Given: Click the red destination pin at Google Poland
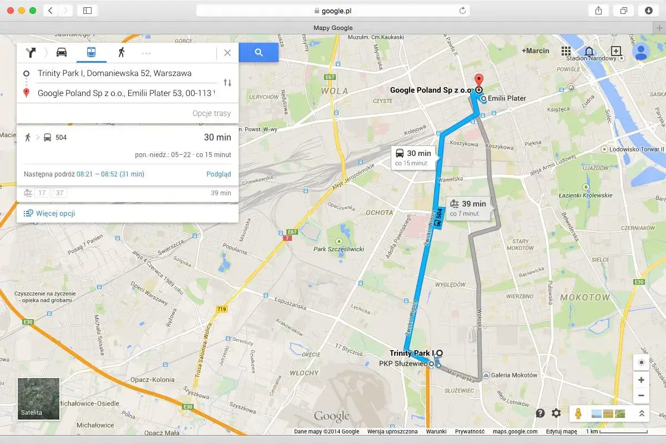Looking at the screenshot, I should [478, 80].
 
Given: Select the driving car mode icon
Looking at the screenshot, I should [62, 52].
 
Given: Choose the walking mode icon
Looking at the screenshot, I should [121, 52].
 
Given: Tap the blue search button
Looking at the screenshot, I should [259, 52].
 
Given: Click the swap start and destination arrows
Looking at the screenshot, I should [228, 83].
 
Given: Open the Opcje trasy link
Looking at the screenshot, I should [211, 113].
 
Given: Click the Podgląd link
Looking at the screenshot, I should [219, 174].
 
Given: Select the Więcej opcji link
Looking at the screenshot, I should [55, 213].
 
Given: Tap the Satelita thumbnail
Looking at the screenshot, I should [38, 398].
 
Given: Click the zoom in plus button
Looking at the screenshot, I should [641, 380].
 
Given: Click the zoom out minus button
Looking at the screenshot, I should [641, 395].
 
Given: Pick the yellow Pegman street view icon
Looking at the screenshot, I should [578, 413].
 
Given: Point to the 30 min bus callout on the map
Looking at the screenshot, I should [413, 157].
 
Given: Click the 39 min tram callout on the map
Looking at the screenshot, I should [468, 208].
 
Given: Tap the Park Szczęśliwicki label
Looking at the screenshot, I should [339, 249].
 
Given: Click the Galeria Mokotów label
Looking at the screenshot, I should [514, 375].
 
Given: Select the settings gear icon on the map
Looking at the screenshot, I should [556, 413].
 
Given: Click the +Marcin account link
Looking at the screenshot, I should [536, 51].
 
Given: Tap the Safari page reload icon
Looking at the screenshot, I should [462, 11].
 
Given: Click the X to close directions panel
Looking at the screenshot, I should [228, 53].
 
